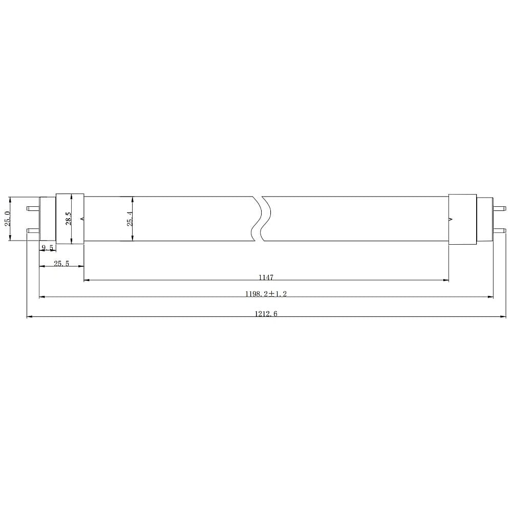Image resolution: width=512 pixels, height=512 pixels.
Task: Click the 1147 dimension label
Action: coord(266,277)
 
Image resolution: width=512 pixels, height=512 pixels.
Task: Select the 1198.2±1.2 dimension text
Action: coord(266,293)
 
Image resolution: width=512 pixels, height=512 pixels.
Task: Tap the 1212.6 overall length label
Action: coord(266,313)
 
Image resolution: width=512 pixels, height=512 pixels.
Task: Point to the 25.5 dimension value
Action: coord(61,263)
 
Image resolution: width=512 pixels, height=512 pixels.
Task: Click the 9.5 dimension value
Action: coord(47,247)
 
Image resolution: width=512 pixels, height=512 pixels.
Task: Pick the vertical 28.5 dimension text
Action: coord(69,219)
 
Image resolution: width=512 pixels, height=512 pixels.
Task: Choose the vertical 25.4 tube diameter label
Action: coord(130,219)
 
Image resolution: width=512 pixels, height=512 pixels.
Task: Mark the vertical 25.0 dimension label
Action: coord(8,219)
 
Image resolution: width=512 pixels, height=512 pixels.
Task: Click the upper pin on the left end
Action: coord(33,208)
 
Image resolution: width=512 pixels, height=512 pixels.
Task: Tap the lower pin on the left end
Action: coord(33,230)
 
